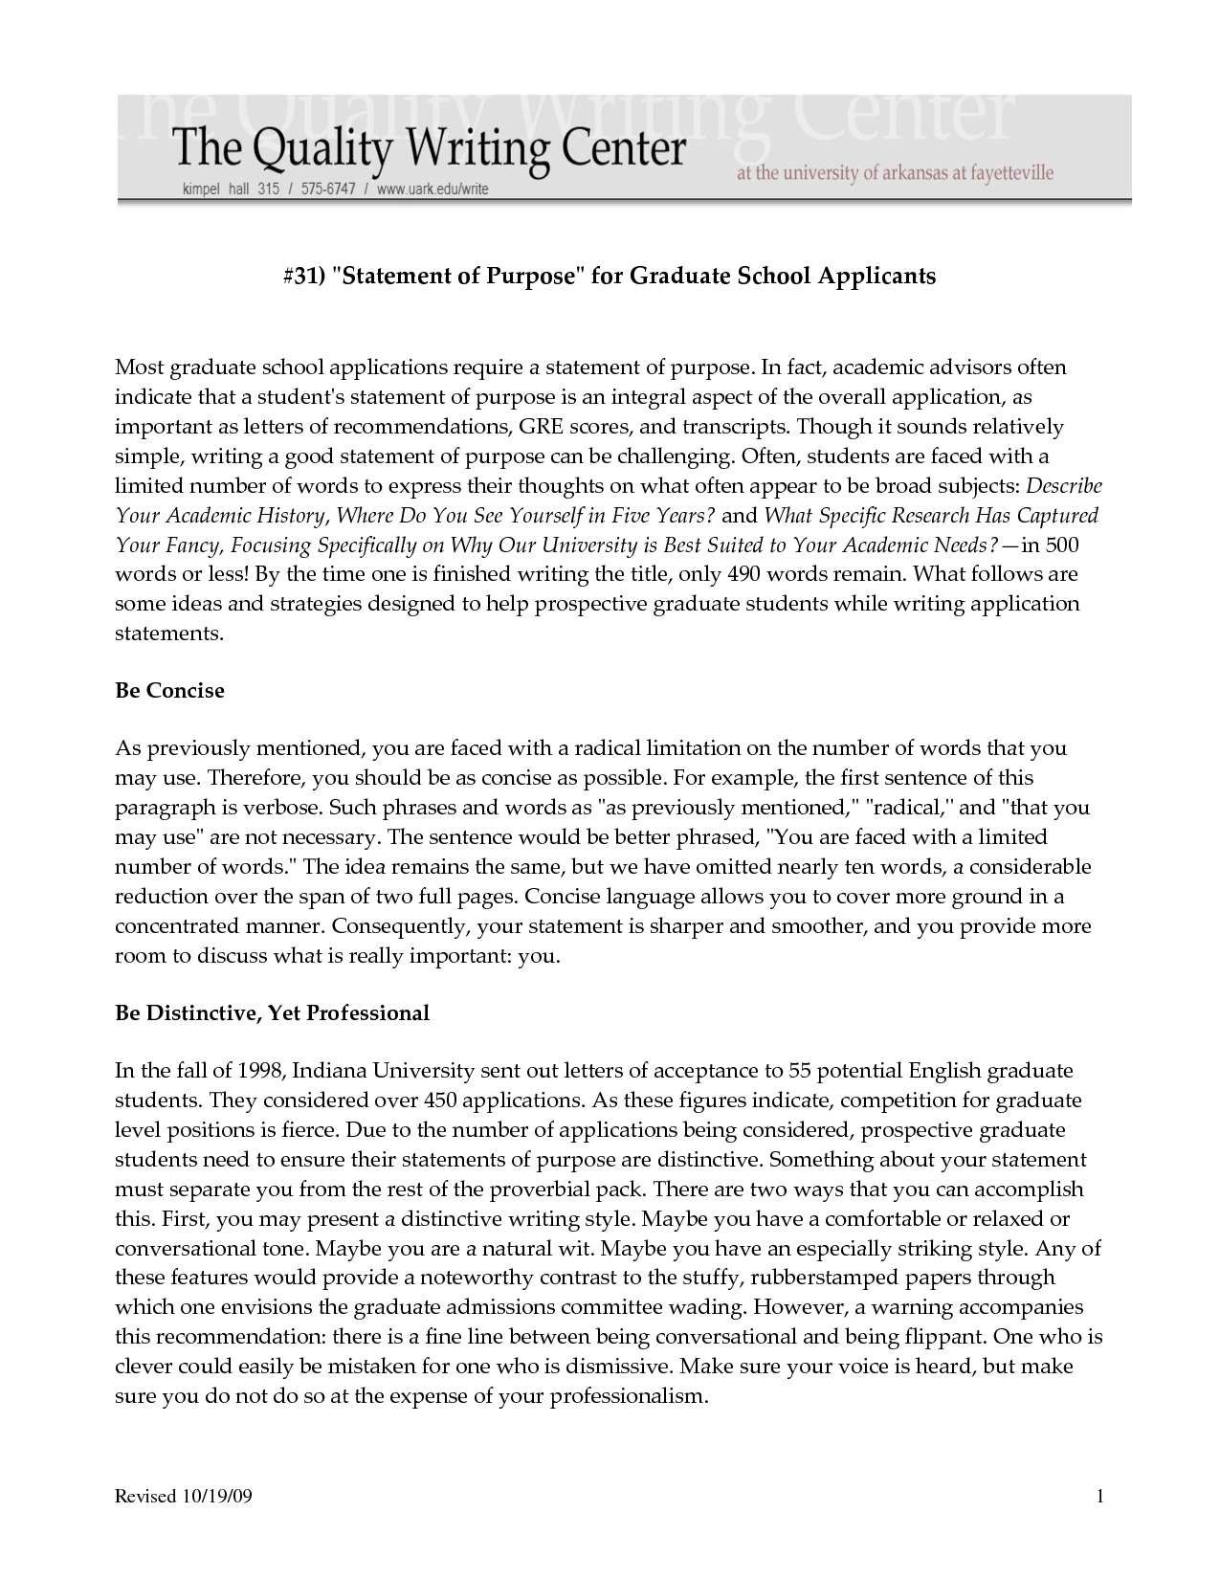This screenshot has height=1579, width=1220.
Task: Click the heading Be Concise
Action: coord(169,691)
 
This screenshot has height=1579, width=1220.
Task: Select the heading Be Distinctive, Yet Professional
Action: coord(272,1012)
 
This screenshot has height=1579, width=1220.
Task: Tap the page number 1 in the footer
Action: coord(1100,1497)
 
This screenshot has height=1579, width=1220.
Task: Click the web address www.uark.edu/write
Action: coord(432,189)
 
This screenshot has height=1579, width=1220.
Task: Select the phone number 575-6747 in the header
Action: coord(327,189)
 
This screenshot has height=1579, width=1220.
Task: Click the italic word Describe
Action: coord(1063,486)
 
